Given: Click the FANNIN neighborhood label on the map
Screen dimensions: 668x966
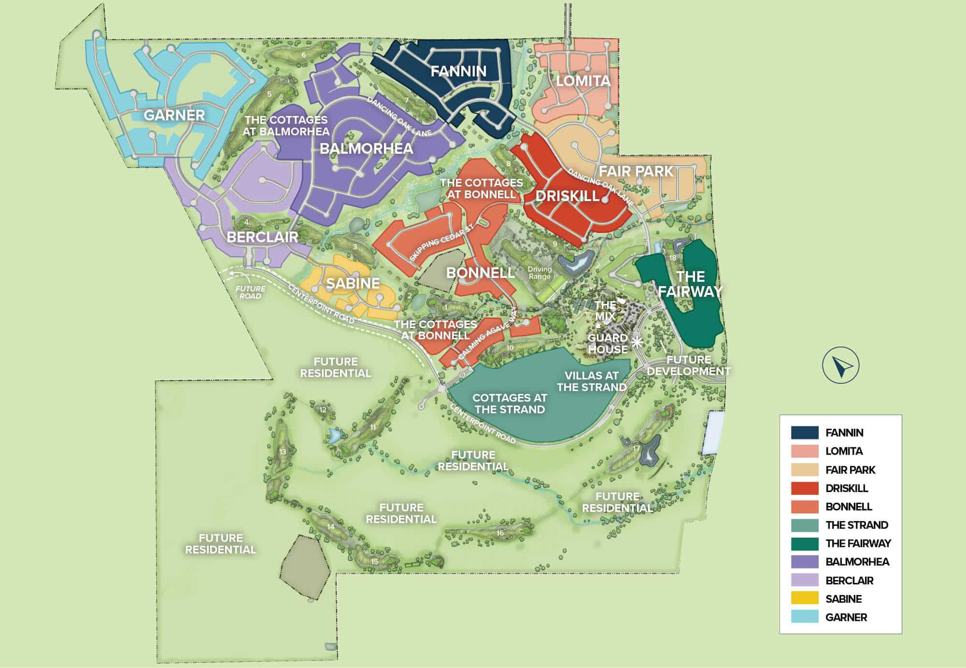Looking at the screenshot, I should click(x=458, y=72).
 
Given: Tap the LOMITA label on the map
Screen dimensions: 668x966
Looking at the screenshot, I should click(x=583, y=81).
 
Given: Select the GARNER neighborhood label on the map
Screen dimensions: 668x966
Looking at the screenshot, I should click(x=174, y=115).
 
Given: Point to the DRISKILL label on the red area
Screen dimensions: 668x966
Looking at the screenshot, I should click(x=568, y=196).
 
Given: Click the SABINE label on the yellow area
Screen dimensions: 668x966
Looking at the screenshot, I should click(x=353, y=283).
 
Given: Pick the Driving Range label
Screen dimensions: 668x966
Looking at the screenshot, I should click(x=540, y=273).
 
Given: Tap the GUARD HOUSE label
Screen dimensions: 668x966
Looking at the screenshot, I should click(x=607, y=343).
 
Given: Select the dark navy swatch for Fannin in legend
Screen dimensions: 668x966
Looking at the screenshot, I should click(x=804, y=432).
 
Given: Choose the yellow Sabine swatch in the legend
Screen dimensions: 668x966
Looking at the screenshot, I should click(x=804, y=598).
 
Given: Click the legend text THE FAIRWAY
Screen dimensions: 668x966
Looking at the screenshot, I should click(x=858, y=543).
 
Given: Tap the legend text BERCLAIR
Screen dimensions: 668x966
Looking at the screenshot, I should click(x=849, y=581).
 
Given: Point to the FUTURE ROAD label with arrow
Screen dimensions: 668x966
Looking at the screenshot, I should click(x=250, y=292).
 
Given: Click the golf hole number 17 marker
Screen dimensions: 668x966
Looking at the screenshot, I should click(x=636, y=448).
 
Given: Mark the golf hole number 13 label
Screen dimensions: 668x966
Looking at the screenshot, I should click(x=283, y=452).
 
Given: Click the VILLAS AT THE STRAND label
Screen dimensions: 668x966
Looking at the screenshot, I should click(x=591, y=381).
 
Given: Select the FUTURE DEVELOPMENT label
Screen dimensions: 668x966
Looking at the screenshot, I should click(x=688, y=365).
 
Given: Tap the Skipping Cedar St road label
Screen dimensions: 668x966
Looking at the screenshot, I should click(x=440, y=244).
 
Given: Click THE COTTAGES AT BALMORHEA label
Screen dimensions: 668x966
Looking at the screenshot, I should click(x=286, y=126).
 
